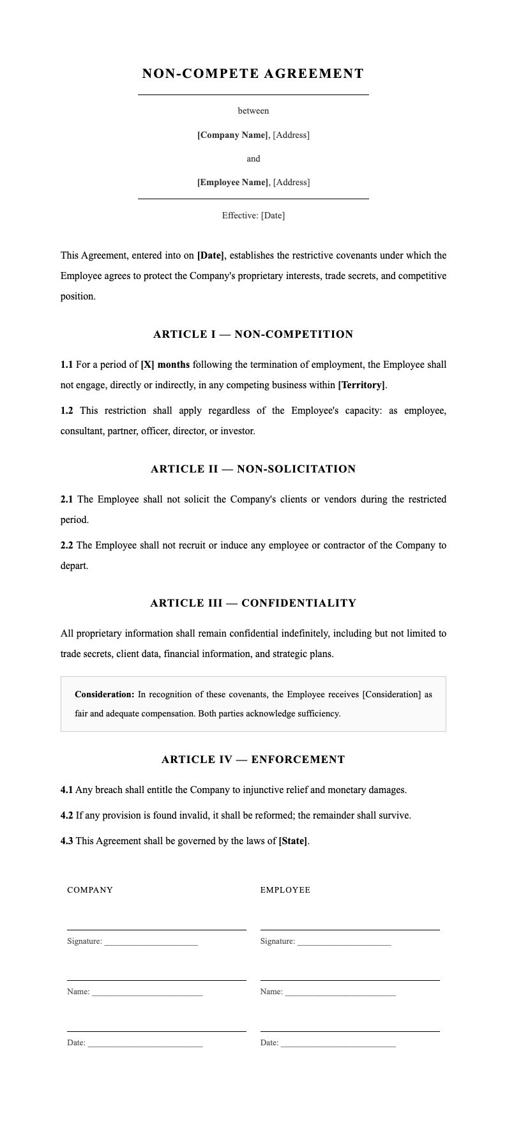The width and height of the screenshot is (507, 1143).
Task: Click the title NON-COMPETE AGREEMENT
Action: (x=253, y=73)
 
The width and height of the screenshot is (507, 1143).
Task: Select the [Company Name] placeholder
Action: (x=232, y=135)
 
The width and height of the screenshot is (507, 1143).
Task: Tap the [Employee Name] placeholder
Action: (x=232, y=182)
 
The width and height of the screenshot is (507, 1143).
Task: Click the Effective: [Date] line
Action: (x=253, y=215)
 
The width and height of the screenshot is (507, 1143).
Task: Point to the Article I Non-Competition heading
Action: (x=253, y=334)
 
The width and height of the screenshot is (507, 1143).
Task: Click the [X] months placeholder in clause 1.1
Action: (x=165, y=365)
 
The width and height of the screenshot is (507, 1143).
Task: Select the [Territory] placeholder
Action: (x=361, y=385)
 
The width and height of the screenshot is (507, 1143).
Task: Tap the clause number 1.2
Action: (x=66, y=411)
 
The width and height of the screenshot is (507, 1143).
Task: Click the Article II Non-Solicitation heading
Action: (x=253, y=469)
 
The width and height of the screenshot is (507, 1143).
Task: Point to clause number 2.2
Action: (x=66, y=545)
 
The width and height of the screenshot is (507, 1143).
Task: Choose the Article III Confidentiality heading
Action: (x=253, y=603)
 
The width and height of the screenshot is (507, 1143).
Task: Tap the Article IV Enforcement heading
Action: (x=253, y=759)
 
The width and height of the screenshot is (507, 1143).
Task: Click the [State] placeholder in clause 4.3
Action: (x=292, y=841)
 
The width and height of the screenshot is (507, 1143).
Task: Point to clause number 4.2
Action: (x=66, y=815)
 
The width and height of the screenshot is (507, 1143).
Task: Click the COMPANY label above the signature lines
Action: (x=90, y=890)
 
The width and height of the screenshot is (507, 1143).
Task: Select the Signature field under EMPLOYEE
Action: (x=344, y=941)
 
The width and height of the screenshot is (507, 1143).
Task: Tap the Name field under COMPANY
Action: (x=147, y=992)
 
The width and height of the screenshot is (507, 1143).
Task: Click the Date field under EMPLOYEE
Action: (x=338, y=1043)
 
